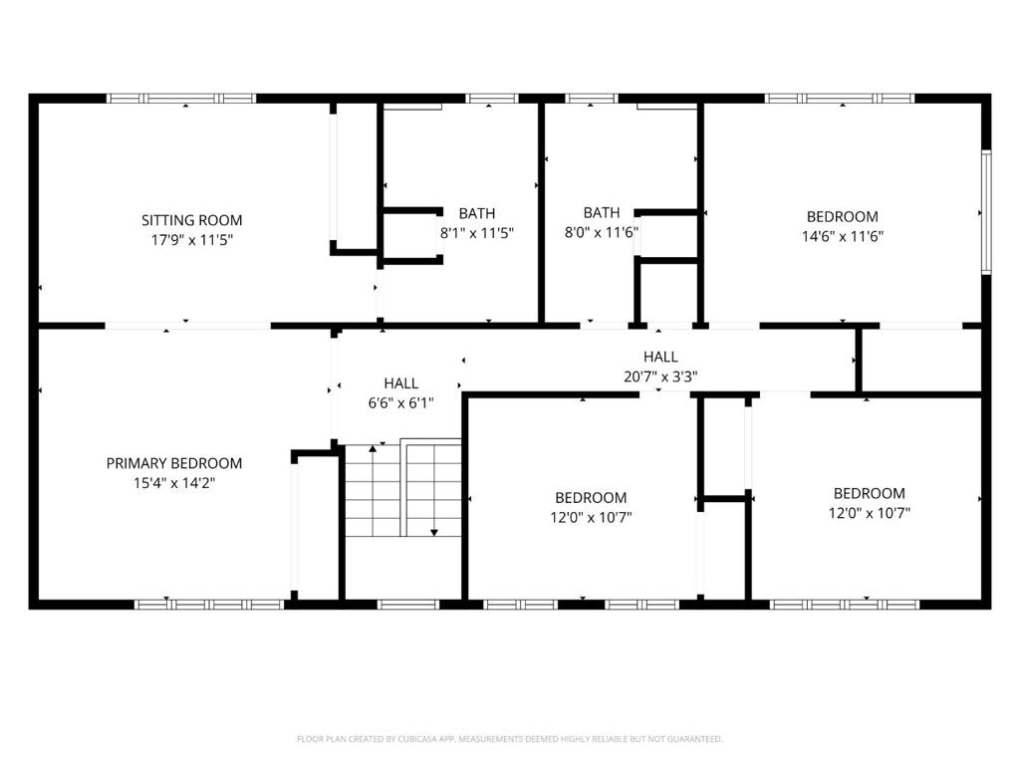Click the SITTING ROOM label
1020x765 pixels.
click(x=192, y=220)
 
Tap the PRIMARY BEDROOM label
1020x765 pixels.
click(x=173, y=463)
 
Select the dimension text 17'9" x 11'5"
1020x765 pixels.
click(x=192, y=240)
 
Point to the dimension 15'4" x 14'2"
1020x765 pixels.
click(x=173, y=483)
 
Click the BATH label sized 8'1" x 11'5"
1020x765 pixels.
click(x=477, y=213)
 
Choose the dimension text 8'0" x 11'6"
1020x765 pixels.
click(x=602, y=232)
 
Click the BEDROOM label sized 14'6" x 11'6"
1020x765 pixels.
click(x=843, y=216)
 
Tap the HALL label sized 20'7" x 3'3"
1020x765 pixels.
click(x=661, y=357)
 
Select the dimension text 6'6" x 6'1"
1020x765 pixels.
click(x=400, y=402)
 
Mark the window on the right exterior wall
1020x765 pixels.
click(x=986, y=211)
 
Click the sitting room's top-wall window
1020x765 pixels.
click(x=181, y=99)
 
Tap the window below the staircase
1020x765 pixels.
click(x=408, y=605)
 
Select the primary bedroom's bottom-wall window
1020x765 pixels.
click(x=209, y=605)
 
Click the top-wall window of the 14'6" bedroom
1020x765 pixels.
click(x=840, y=99)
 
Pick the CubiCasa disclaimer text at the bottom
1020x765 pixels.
click(x=510, y=739)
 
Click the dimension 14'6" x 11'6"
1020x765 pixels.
click(x=843, y=236)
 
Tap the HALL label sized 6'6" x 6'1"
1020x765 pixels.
click(x=400, y=383)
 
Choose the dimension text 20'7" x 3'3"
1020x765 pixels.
click(x=661, y=376)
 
